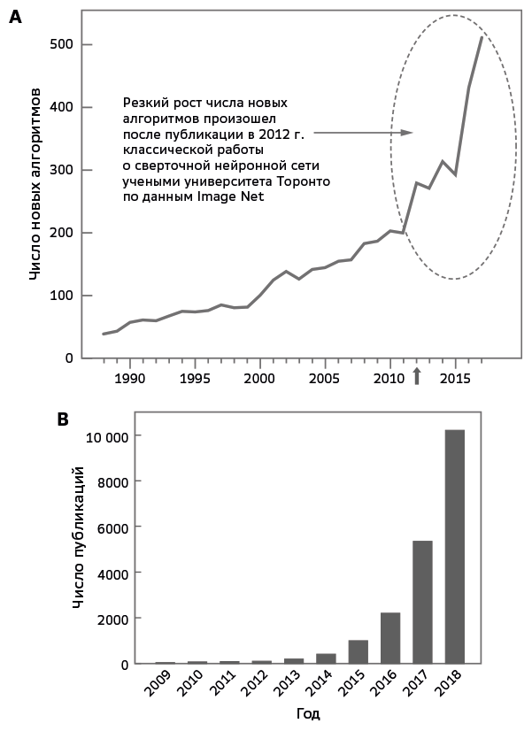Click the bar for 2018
pyautogui.click(x=454, y=546)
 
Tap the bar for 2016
pyautogui.click(x=390, y=637)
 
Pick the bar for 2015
pyautogui.click(x=358, y=651)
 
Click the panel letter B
pyautogui.click(x=63, y=419)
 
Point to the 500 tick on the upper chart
pyautogui.click(x=61, y=45)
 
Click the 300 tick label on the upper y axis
pyautogui.click(x=61, y=170)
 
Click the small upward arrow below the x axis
pyautogui.click(x=417, y=376)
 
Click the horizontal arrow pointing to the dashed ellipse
pyautogui.click(x=363, y=133)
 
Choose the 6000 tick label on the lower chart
pyautogui.click(x=114, y=527)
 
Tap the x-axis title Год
pyautogui.click(x=309, y=713)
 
